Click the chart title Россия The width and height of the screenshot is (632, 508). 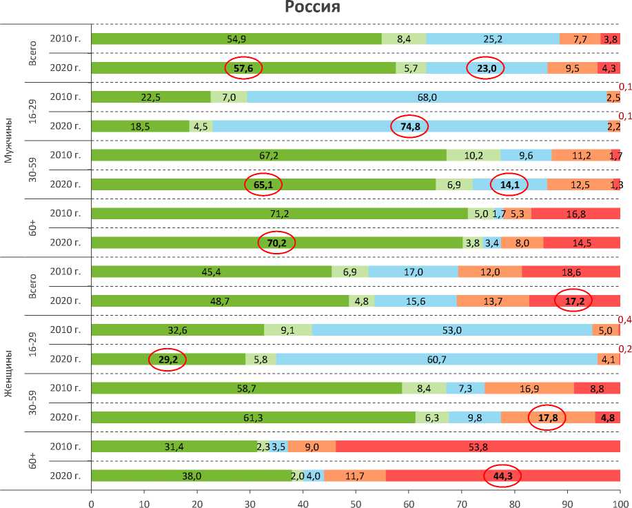coord(313,8)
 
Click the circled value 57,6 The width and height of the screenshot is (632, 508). coord(243,68)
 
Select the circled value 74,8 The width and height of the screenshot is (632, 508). coord(409,126)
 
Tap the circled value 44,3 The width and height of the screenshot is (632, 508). coord(503,475)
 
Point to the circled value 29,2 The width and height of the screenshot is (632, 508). coord(167,359)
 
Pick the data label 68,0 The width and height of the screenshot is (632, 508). coord(427,97)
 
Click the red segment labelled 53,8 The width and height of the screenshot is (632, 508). coord(478,446)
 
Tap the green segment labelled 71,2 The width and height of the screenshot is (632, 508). coord(279,213)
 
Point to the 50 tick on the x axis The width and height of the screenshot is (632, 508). coord(356,502)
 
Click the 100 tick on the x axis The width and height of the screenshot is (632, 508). coord(620,502)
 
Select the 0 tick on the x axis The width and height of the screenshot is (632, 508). coord(92,502)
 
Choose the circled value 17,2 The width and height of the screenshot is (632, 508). coord(573,301)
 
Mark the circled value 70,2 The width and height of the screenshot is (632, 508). coord(276,243)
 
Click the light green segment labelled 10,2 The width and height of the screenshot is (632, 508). coord(473,155)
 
